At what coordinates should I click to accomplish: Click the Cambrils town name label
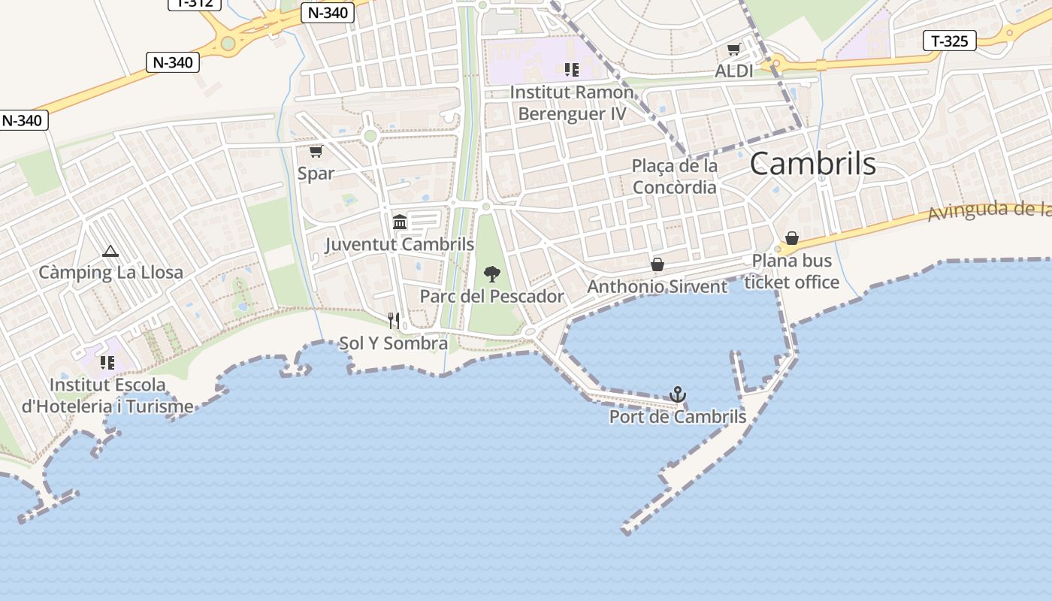tap(812, 164)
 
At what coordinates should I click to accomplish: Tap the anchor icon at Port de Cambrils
tap(678, 394)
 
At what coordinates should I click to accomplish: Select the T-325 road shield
tap(949, 41)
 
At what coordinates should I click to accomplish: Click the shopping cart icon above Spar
tap(316, 151)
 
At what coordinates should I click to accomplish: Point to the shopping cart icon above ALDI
tap(734, 50)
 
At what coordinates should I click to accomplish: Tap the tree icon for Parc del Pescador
tap(492, 273)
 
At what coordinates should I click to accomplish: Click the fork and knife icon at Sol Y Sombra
tap(394, 321)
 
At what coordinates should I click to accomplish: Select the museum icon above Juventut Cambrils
tap(400, 222)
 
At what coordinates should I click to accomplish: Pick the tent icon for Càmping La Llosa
tap(110, 251)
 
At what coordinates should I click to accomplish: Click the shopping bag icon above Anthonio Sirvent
tap(657, 264)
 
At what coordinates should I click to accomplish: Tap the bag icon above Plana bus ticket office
tap(792, 238)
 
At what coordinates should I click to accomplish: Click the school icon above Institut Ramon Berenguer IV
tap(572, 70)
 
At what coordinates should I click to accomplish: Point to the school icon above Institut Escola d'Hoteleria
tap(107, 363)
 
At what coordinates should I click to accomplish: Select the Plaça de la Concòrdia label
tap(675, 177)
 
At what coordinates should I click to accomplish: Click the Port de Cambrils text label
tap(678, 416)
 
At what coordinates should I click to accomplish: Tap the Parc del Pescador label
tap(491, 296)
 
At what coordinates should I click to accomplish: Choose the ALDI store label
tap(734, 71)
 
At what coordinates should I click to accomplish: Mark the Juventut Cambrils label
tap(400, 244)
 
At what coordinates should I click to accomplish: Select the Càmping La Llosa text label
tap(110, 272)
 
